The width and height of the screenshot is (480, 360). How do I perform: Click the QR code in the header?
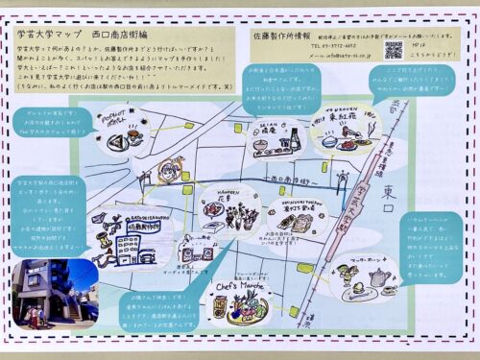pos(394,49)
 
